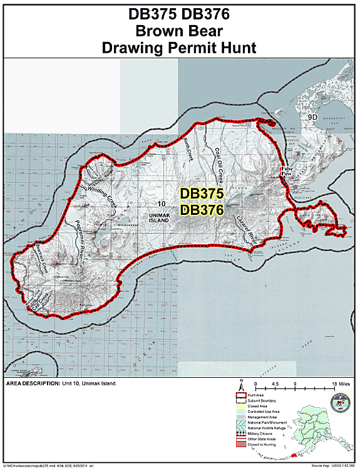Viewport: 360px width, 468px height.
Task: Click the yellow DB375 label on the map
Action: point(200,194)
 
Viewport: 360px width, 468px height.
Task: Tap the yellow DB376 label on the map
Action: point(200,211)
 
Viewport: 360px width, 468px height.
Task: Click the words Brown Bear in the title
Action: point(179,31)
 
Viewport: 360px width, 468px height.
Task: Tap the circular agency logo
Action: point(339,402)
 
